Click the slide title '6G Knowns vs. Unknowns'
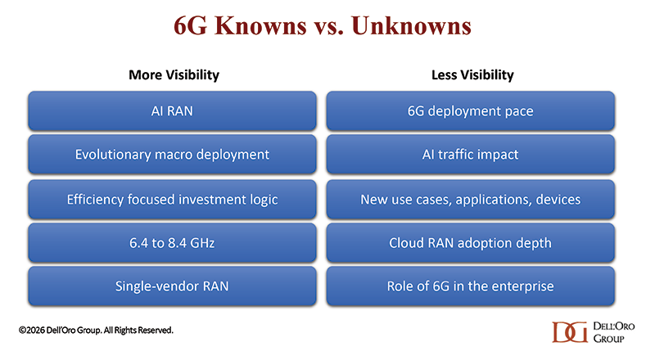coord(323,26)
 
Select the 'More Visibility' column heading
coord(174,74)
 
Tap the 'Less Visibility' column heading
coord(472,74)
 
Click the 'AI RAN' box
coord(172,111)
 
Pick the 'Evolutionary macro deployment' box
coord(172,155)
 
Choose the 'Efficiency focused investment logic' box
coord(172,200)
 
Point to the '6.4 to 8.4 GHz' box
coord(172,243)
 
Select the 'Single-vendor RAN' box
coord(172,286)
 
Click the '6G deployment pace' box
coord(470,111)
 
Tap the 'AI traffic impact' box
coord(470,155)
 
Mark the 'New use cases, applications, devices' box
coord(470,200)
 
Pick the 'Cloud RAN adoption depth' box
coord(470,243)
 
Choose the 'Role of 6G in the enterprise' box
coord(470,286)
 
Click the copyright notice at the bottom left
coord(96,331)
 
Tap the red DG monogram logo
coord(570,332)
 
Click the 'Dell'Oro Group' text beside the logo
coord(613,332)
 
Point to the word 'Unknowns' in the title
coord(412,26)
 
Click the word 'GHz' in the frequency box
coord(202,243)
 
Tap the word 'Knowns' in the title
coord(260,26)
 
